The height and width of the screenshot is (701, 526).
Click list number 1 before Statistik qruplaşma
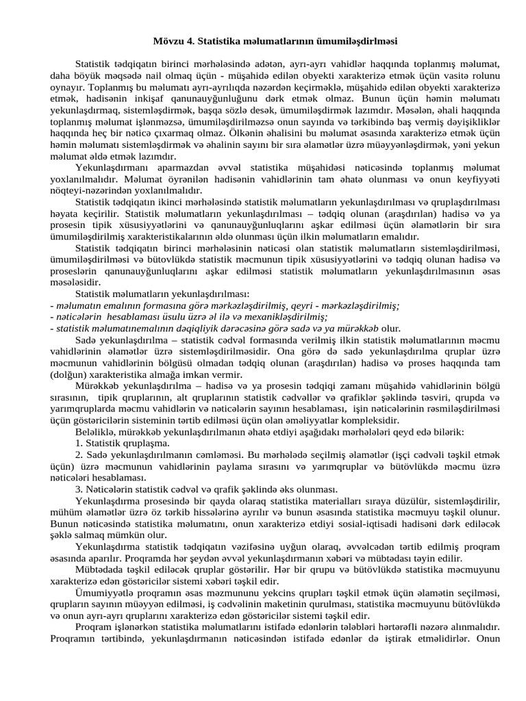79,443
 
